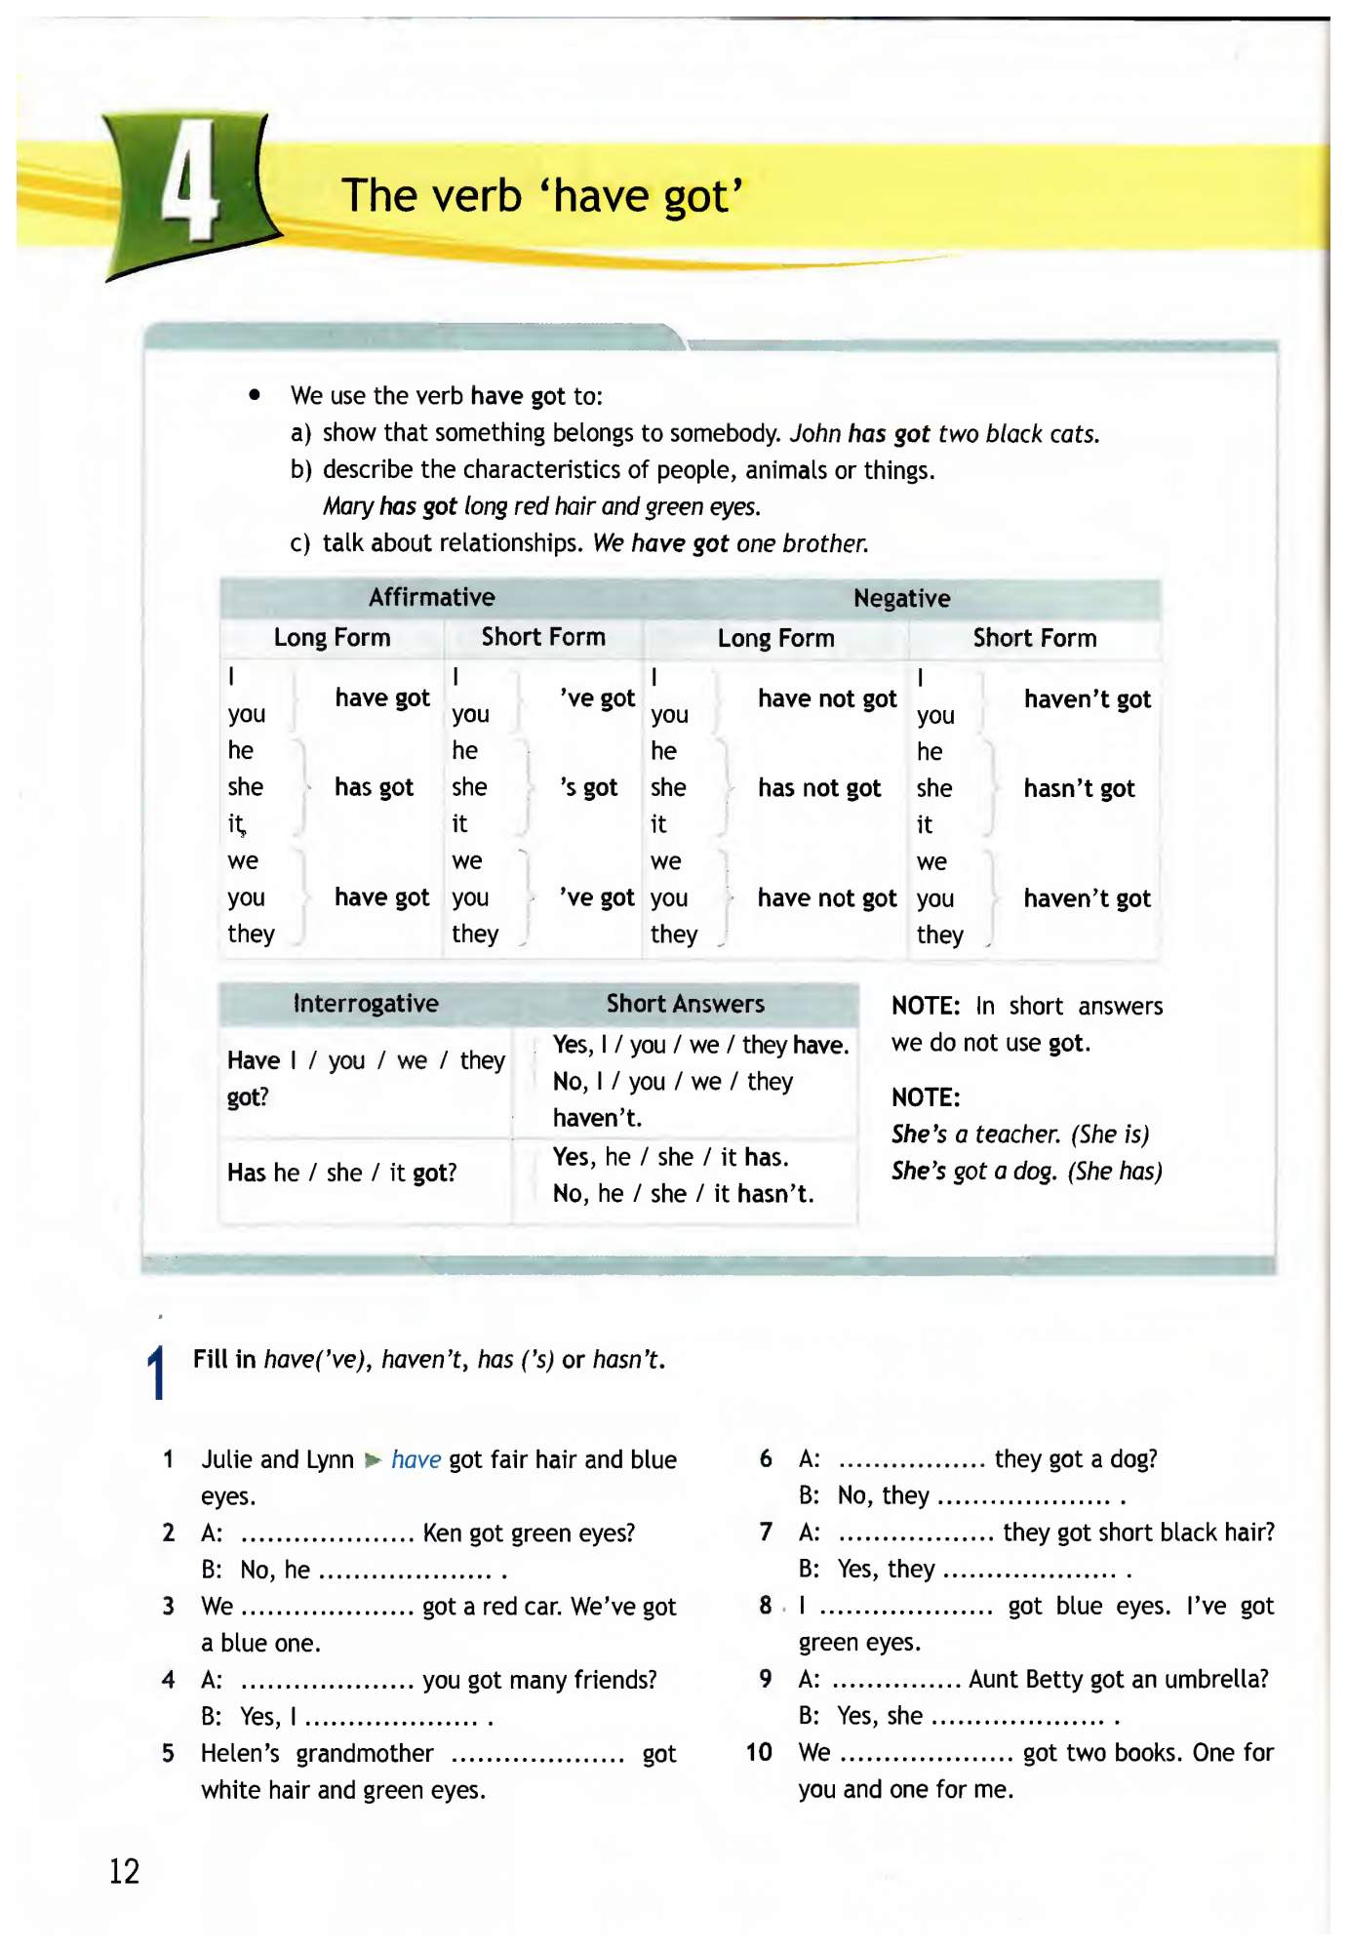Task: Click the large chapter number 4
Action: (x=190, y=180)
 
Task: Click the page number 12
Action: (x=124, y=1871)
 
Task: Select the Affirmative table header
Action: (x=431, y=597)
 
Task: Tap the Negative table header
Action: (x=901, y=598)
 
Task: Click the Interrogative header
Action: (x=366, y=1004)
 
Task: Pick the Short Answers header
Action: (x=685, y=1004)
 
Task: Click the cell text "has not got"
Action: (x=819, y=788)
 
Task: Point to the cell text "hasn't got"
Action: (x=1079, y=788)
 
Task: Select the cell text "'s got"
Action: (x=589, y=787)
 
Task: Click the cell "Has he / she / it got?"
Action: (x=341, y=1173)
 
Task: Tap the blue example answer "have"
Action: (x=416, y=1459)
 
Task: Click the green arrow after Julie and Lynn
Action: (x=372, y=1460)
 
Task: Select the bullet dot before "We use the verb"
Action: (x=256, y=395)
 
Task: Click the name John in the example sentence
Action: (x=814, y=433)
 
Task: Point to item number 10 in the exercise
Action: (x=759, y=1752)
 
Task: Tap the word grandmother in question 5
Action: (x=365, y=1753)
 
